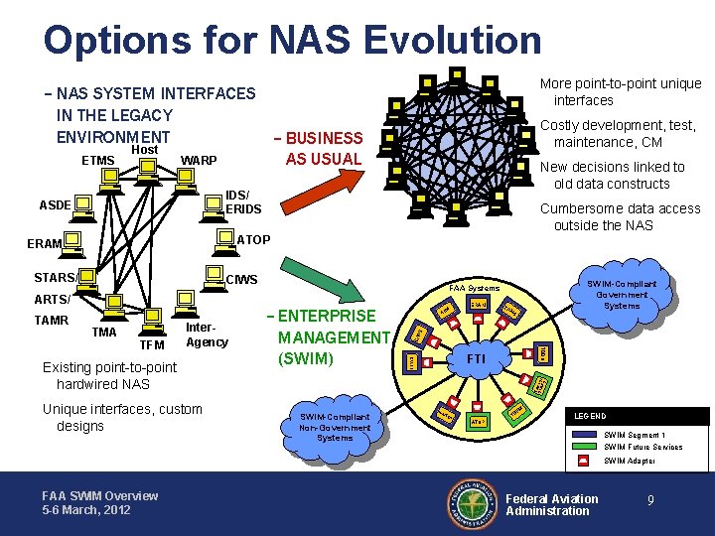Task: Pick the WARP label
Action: tap(199, 161)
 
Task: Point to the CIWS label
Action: tap(243, 279)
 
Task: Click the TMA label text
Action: tap(104, 333)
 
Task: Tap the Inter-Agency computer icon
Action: tap(185, 301)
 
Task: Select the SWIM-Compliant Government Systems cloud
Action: tap(622, 295)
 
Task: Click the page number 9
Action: tap(650, 502)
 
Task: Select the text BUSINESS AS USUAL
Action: tap(323, 148)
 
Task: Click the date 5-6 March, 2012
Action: tap(85, 510)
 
